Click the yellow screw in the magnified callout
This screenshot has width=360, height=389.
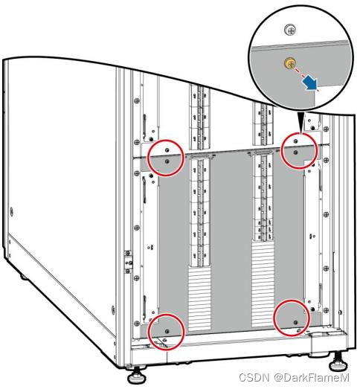pyautogui.click(x=289, y=62)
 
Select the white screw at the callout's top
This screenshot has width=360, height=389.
pyautogui.click(x=290, y=30)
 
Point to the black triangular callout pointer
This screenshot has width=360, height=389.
pyautogui.click(x=301, y=123)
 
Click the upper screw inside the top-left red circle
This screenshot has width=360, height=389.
pyautogui.click(x=167, y=150)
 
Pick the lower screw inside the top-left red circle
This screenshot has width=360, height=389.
pyautogui.click(x=167, y=161)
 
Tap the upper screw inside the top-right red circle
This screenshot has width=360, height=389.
pyautogui.click(x=295, y=141)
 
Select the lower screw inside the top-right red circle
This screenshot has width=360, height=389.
pyautogui.click(x=295, y=152)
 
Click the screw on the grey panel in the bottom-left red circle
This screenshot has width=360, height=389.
pyautogui.click(x=167, y=331)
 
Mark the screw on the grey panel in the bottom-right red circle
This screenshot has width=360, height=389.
pyautogui.click(x=295, y=322)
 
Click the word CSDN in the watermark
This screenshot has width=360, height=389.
pyautogui.click(x=254, y=378)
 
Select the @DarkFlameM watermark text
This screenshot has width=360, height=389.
pyautogui.click(x=312, y=378)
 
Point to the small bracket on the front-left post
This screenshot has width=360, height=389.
pyautogui.click(x=128, y=262)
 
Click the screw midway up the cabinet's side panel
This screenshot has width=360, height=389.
pyautogui.click(x=11, y=212)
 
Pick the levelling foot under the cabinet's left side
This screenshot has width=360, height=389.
pyautogui.click(x=24, y=276)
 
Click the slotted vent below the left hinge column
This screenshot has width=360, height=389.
pyautogui.click(x=199, y=299)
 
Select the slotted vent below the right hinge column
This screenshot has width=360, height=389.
pyautogui.click(x=263, y=283)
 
